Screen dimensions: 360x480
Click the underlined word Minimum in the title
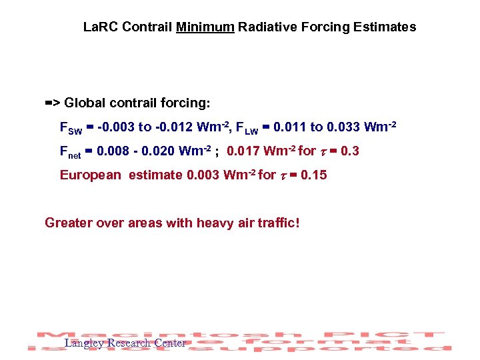pos(205,27)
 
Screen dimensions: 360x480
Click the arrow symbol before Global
pos(53,103)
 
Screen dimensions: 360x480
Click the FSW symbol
pos(70,128)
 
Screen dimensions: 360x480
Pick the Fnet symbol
pos(70,152)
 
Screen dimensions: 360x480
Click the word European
pos(90,175)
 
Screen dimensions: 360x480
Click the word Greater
pos(69,222)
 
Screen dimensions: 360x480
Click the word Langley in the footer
pos(85,343)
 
